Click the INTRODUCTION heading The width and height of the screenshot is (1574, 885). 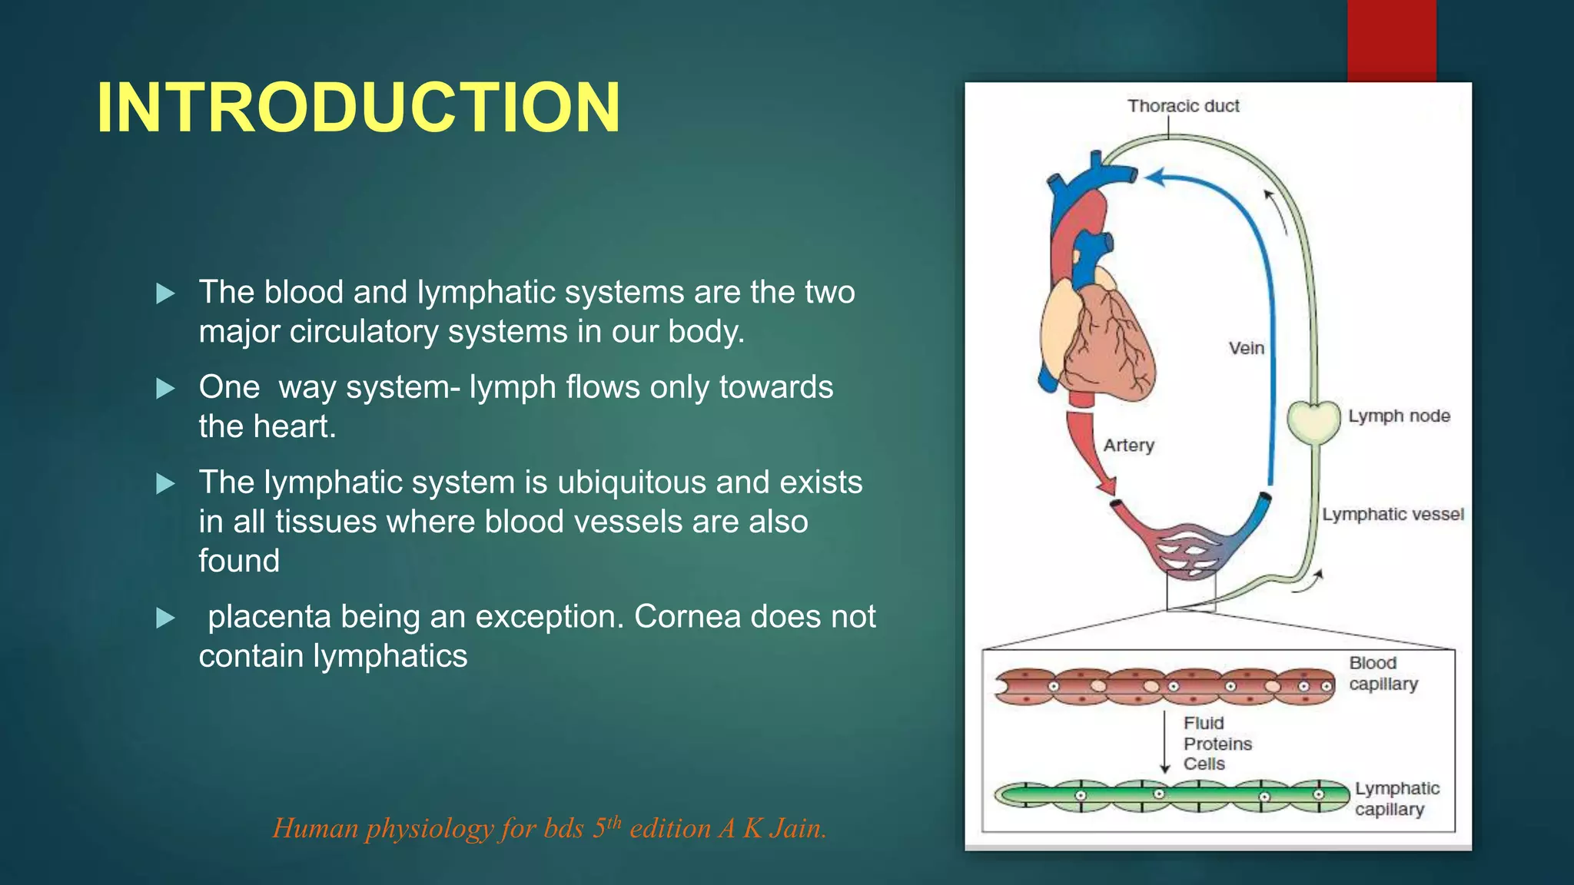[x=358, y=108]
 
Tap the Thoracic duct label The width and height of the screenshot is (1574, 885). [x=1183, y=106]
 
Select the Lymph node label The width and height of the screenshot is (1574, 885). [x=1399, y=416]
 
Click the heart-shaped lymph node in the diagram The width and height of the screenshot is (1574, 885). [x=1313, y=422]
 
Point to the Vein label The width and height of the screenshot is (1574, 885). [x=1246, y=348]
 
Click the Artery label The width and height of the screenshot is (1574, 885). [x=1128, y=445]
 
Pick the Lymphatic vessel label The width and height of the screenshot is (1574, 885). [x=1393, y=514]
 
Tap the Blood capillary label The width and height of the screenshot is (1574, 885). [x=1383, y=673]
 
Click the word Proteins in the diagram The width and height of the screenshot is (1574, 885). [x=1217, y=744]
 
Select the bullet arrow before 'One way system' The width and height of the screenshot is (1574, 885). [x=165, y=389]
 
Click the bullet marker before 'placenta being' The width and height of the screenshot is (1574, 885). [x=165, y=618]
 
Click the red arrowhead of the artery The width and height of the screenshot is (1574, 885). [x=1107, y=486]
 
